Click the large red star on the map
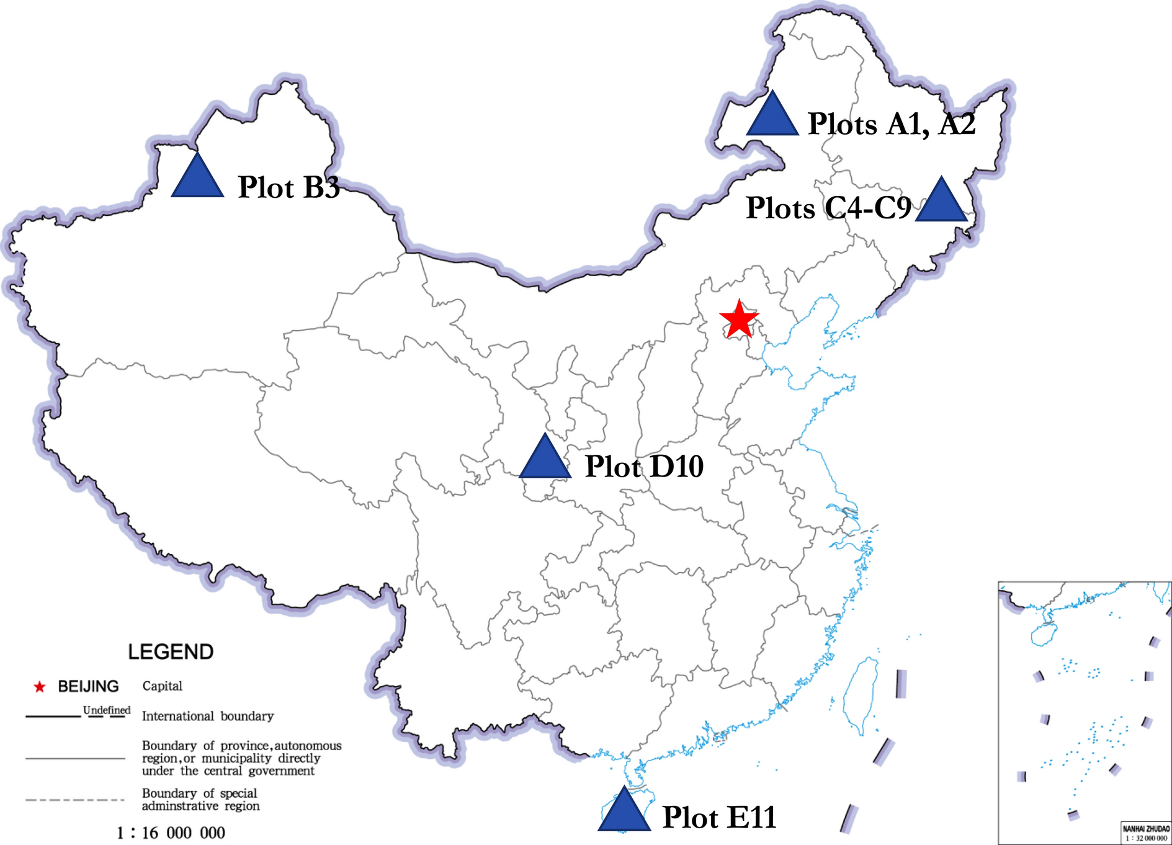(739, 320)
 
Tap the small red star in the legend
(40, 687)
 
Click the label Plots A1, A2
(891, 123)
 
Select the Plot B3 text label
(289, 187)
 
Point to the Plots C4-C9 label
(828, 208)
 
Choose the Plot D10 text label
(644, 467)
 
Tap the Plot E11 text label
(719, 817)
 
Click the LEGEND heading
(171, 652)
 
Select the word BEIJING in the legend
(88, 687)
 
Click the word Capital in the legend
(163, 686)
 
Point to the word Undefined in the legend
(107, 710)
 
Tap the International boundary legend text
(208, 717)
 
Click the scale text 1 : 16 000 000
(171, 833)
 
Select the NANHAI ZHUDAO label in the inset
(1146, 829)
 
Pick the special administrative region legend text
(200, 800)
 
